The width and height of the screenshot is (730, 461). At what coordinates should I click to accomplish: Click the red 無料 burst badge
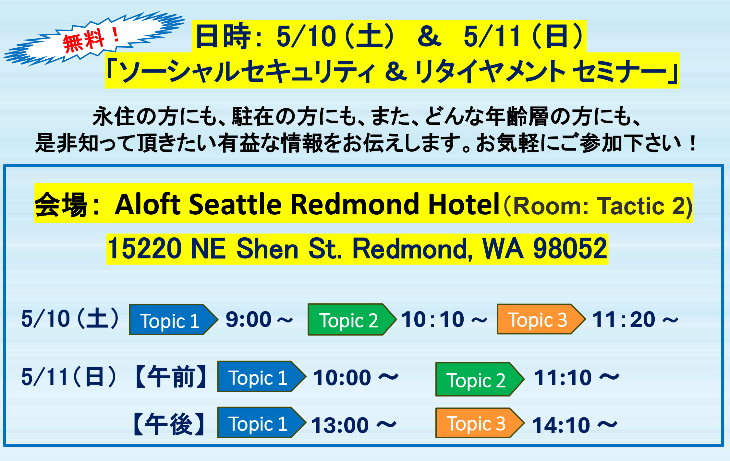(94, 39)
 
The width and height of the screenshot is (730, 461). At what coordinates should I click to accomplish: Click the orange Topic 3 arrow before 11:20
(541, 319)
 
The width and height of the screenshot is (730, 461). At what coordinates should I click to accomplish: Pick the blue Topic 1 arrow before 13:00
(262, 422)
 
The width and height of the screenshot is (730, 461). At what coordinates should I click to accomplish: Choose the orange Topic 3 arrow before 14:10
(480, 423)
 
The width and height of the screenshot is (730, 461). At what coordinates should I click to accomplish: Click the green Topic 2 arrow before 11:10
(480, 379)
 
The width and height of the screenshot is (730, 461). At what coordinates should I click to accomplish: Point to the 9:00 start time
(248, 319)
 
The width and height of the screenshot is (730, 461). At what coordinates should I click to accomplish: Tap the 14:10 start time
(561, 425)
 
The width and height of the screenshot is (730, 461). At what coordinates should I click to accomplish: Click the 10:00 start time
(342, 378)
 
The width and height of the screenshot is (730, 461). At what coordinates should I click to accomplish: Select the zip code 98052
(570, 249)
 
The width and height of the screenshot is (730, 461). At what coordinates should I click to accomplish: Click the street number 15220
(144, 249)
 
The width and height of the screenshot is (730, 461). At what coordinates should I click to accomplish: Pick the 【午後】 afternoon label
(169, 424)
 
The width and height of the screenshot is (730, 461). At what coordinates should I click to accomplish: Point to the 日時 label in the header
(223, 36)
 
